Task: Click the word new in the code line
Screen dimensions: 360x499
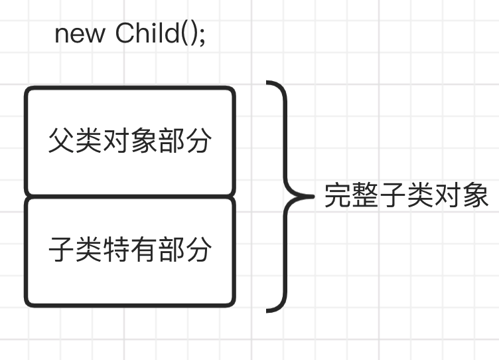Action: tap(80, 33)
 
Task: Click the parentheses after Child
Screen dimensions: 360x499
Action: tap(190, 33)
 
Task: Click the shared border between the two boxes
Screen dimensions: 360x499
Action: tap(130, 196)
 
